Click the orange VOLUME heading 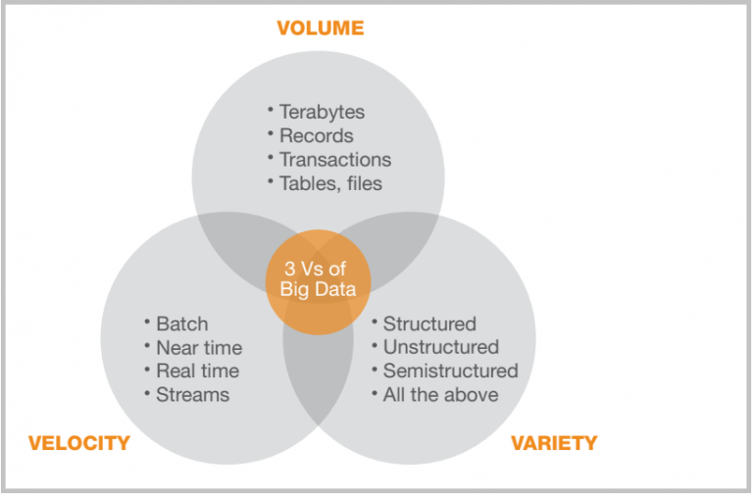(x=320, y=28)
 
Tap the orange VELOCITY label (x=79, y=443)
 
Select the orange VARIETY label (x=554, y=443)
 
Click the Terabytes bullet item (x=321, y=112)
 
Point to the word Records (x=317, y=136)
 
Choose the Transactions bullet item (x=335, y=160)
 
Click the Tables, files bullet (x=330, y=183)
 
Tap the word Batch (x=182, y=323)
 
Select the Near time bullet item (x=199, y=348)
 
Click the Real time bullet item (x=197, y=371)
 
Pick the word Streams (x=193, y=395)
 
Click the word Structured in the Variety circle (x=429, y=323)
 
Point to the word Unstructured (x=440, y=347)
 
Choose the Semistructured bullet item (x=450, y=371)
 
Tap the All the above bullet (x=440, y=395)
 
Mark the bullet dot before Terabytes (x=271, y=109)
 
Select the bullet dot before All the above (x=375, y=392)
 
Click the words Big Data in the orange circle (x=318, y=289)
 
